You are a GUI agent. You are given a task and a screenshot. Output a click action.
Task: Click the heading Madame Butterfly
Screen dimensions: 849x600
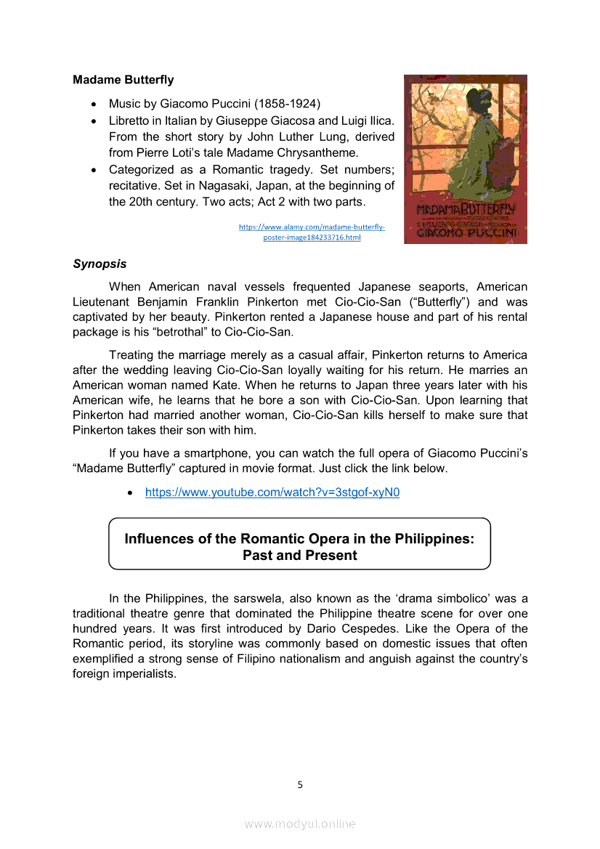(x=123, y=79)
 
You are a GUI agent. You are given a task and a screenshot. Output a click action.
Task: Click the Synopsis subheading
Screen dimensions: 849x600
(x=100, y=264)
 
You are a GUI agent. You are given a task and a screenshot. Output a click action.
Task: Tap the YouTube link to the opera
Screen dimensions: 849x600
(x=272, y=492)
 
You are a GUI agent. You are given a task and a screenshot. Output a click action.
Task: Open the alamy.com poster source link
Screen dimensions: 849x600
(x=312, y=232)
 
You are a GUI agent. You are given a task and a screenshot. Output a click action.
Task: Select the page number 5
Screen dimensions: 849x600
(x=300, y=784)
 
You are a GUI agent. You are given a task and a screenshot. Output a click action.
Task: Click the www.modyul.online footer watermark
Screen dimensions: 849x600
(x=300, y=824)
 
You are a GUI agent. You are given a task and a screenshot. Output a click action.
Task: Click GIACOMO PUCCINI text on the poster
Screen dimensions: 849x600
(x=466, y=234)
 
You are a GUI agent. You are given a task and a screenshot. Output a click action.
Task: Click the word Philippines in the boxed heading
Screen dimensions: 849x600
(x=434, y=539)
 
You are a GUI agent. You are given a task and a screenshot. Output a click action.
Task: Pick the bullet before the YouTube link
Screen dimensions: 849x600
(x=130, y=493)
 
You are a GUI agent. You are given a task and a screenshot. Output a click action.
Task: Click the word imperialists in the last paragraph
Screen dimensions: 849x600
(x=145, y=674)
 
